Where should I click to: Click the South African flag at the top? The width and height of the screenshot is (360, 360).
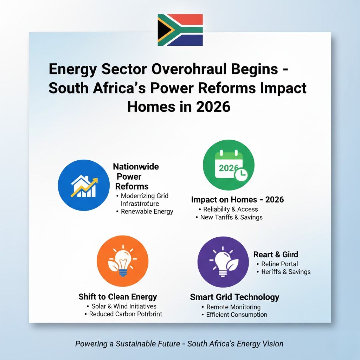click(180, 30)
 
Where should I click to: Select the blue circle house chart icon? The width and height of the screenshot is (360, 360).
click(84, 185)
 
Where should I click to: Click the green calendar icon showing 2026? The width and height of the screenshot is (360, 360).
click(228, 165)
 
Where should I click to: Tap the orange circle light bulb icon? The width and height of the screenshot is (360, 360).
click(122, 261)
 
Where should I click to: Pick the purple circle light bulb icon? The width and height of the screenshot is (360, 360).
click(223, 262)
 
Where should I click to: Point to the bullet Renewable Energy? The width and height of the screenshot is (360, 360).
click(147, 211)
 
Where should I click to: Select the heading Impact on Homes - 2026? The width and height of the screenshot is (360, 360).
click(237, 200)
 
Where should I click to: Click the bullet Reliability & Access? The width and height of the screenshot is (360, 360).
click(230, 209)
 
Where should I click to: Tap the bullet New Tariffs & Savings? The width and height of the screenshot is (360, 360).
click(231, 217)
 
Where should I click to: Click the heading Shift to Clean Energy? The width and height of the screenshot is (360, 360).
click(118, 297)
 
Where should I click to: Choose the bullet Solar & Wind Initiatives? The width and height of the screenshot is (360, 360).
click(124, 306)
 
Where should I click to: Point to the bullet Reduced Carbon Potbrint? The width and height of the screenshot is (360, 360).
click(125, 314)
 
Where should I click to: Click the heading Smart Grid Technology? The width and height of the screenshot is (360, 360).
click(234, 297)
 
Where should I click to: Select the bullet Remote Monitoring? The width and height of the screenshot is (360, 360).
click(233, 307)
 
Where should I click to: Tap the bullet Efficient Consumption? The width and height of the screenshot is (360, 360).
click(236, 315)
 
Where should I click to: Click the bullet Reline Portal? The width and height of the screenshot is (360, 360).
click(279, 264)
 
